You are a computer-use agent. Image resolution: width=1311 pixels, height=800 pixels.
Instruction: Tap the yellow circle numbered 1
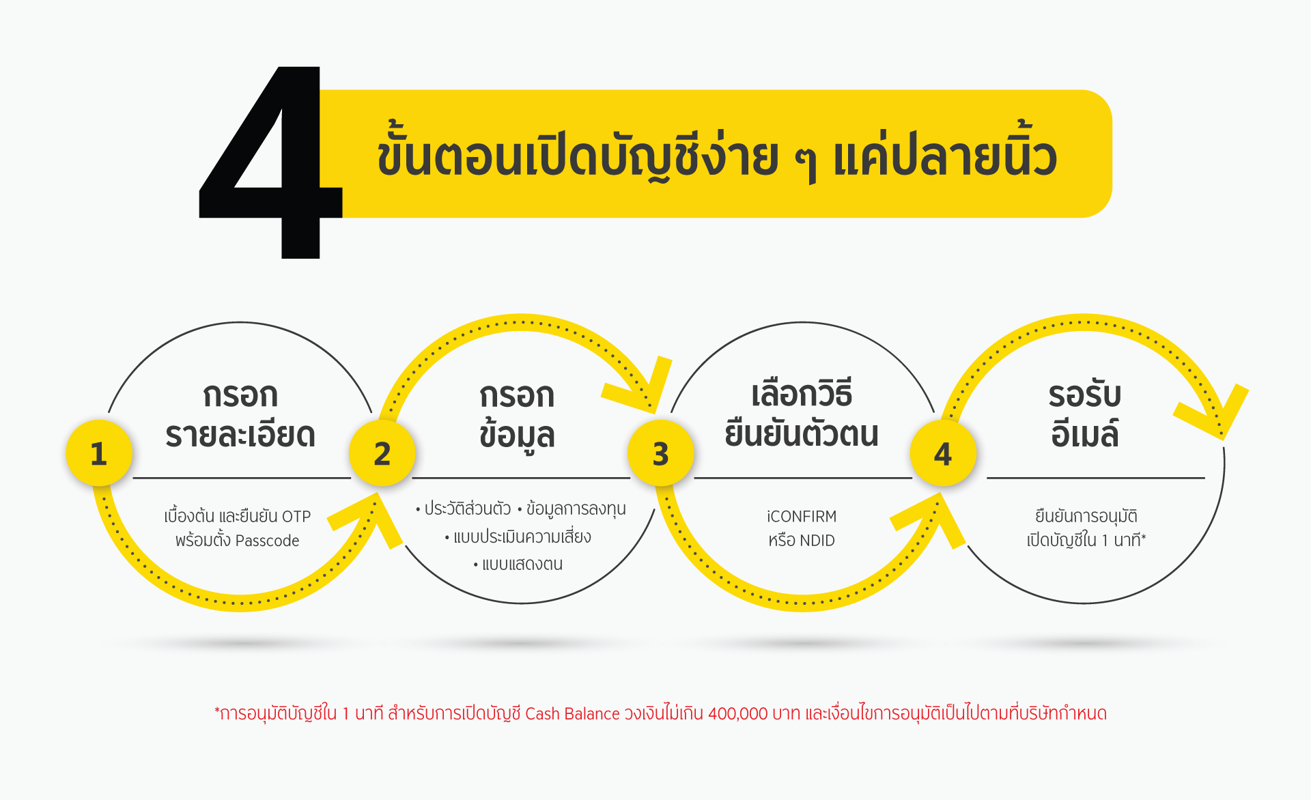click(x=99, y=453)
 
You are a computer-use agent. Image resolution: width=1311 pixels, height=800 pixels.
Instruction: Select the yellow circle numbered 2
click(x=382, y=453)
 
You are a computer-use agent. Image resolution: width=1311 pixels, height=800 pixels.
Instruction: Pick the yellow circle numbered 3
click(x=660, y=453)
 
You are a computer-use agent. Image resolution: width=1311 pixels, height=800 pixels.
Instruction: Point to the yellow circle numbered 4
click(x=943, y=453)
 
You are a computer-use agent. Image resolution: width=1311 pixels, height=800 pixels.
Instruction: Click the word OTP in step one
click(x=296, y=517)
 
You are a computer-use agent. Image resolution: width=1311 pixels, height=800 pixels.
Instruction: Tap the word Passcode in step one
click(x=267, y=541)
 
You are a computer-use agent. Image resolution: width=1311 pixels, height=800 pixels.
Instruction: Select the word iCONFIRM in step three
click(x=802, y=517)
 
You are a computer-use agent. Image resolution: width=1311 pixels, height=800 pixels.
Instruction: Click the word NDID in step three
click(x=817, y=541)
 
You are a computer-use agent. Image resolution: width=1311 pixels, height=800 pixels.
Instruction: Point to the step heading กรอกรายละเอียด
click(x=240, y=415)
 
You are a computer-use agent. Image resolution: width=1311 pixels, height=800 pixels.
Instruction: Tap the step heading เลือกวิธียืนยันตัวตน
click(x=802, y=414)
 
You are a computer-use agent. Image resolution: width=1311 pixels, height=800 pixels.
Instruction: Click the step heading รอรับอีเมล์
click(x=1085, y=414)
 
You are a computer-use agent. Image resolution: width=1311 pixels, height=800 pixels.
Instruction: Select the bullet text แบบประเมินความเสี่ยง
click(x=522, y=537)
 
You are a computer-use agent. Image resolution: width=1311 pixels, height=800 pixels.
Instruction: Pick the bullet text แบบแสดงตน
click(x=522, y=565)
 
